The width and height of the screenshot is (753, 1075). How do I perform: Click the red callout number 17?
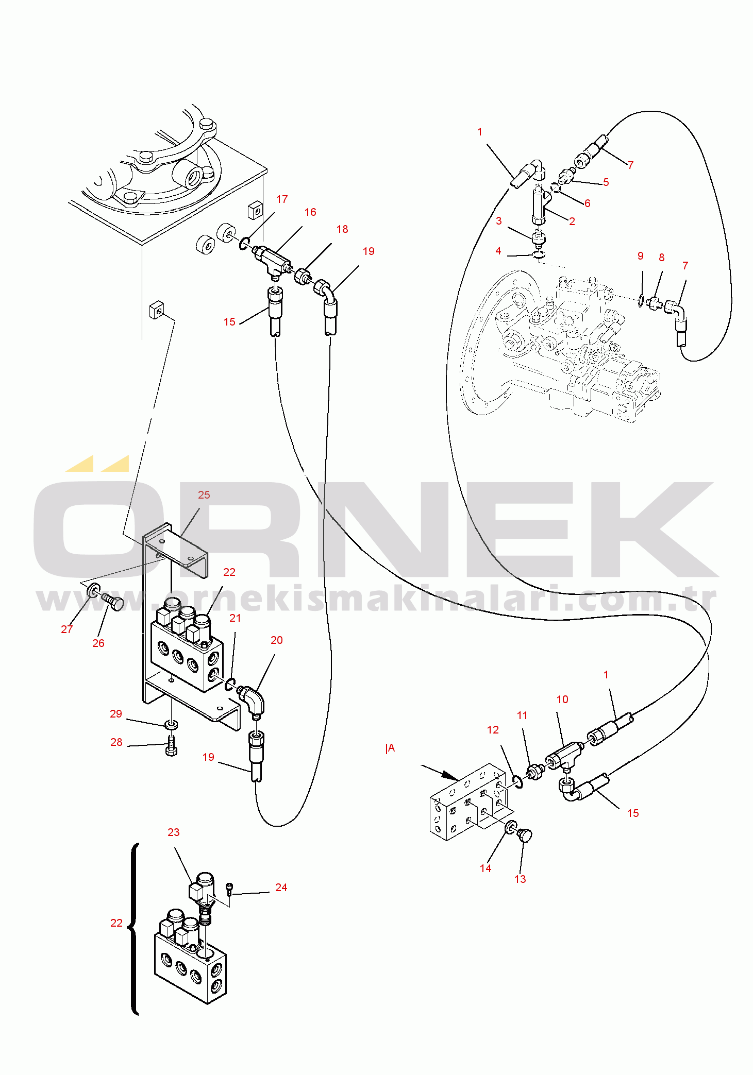(x=281, y=199)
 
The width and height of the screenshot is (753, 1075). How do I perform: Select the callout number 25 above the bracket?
(x=204, y=495)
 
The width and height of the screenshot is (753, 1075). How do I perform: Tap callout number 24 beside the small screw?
(x=281, y=888)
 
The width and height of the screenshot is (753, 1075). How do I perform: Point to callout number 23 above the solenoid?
(x=174, y=832)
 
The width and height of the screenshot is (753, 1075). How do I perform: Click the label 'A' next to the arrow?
(x=391, y=748)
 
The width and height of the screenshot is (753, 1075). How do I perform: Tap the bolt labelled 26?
(x=113, y=601)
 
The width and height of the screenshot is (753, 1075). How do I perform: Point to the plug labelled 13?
(x=525, y=834)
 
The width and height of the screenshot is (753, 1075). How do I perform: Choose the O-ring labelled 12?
(x=518, y=782)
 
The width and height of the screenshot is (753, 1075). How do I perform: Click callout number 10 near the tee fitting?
(x=562, y=699)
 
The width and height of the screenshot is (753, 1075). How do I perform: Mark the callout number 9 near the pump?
(x=641, y=256)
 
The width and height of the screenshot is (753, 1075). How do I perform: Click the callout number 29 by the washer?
(x=116, y=714)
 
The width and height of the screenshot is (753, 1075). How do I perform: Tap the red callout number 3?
(x=498, y=221)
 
